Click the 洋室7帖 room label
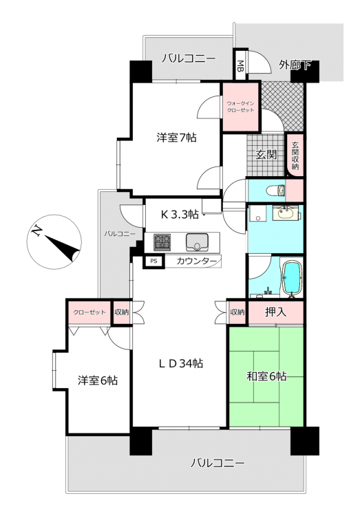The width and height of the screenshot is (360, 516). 176,137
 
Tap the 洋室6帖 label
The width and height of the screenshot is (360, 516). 98,380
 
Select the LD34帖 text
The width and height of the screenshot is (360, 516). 181,363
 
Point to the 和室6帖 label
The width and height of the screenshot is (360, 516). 266,376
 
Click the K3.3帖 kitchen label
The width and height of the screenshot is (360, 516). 180,215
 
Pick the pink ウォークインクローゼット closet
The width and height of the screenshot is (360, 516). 240,107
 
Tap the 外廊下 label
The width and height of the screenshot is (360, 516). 295,65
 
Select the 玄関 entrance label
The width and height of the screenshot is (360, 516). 266,154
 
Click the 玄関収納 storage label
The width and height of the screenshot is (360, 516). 295,155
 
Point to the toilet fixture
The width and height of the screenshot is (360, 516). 276,190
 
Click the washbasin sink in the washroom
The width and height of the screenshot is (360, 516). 286,213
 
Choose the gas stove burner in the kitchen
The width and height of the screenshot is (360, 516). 162,242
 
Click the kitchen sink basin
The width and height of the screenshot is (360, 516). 197,242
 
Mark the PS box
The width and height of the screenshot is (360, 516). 153,261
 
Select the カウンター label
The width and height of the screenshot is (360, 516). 197,261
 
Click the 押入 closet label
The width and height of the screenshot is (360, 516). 276,312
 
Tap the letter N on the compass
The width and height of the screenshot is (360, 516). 36,231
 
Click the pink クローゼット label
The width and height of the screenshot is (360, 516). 89,312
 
